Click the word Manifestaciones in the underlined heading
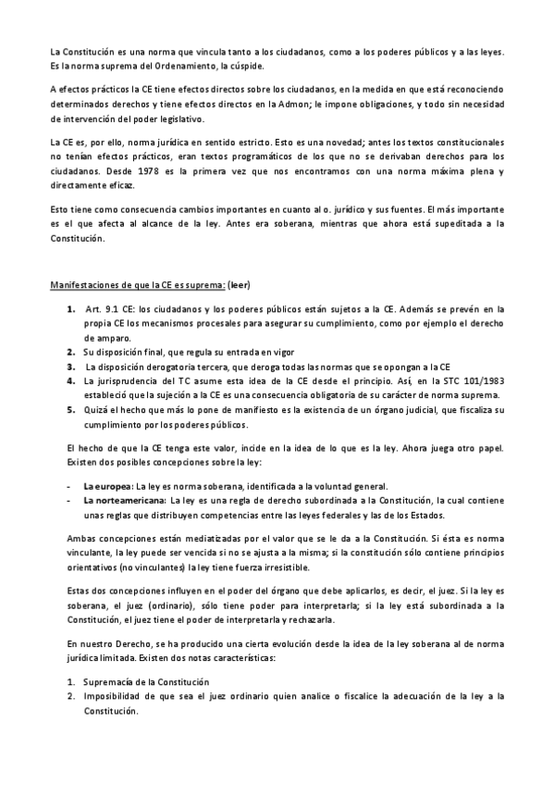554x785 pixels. tap(87, 282)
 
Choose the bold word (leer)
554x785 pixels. tap(251, 282)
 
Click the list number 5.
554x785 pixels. tap(70, 410)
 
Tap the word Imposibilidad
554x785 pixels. tap(117, 697)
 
